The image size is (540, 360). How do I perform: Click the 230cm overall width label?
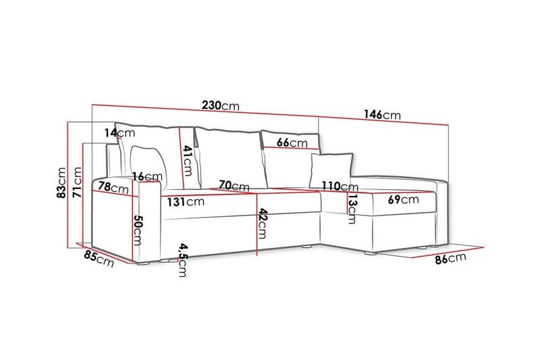(x=221, y=105)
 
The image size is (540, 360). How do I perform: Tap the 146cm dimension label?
(x=382, y=114)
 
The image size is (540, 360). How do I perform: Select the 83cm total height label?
(x=61, y=182)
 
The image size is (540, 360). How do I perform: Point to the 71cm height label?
(x=77, y=182)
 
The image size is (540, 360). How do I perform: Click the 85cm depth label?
(x=99, y=259)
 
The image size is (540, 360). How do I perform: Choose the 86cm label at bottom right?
(x=450, y=259)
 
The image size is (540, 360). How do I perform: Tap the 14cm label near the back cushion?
(x=120, y=132)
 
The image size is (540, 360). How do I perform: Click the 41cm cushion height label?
(x=188, y=161)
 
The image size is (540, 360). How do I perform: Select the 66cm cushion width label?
(x=292, y=143)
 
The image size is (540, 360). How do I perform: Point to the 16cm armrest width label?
(x=147, y=177)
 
